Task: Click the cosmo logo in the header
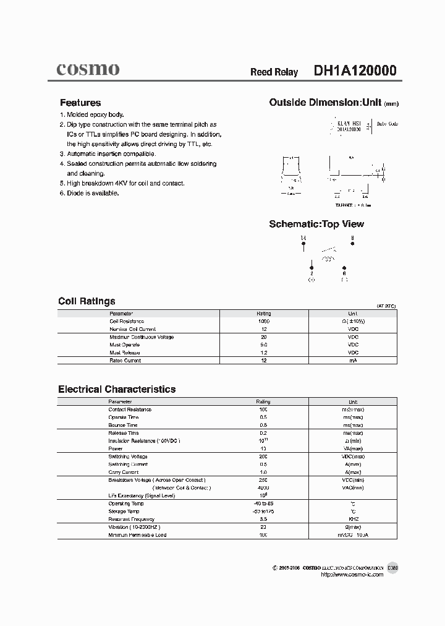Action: click(x=88, y=69)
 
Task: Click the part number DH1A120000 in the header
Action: click(x=355, y=71)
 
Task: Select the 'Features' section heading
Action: click(x=80, y=103)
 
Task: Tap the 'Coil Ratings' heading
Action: click(x=87, y=301)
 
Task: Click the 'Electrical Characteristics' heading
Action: click(x=117, y=389)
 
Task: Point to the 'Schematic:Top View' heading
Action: click(x=316, y=224)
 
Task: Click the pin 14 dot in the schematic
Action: click(x=303, y=244)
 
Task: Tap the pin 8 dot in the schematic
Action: click(x=352, y=244)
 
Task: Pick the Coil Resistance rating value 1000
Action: click(x=263, y=322)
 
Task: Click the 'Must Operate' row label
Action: click(x=124, y=345)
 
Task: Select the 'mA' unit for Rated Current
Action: click(x=353, y=360)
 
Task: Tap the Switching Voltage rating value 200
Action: click(x=263, y=457)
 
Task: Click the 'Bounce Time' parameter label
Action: click(x=122, y=425)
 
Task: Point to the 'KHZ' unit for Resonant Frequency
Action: click(x=353, y=519)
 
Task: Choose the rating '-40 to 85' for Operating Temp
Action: click(x=263, y=504)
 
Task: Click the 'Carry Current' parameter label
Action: click(x=123, y=472)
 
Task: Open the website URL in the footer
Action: click(x=352, y=575)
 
